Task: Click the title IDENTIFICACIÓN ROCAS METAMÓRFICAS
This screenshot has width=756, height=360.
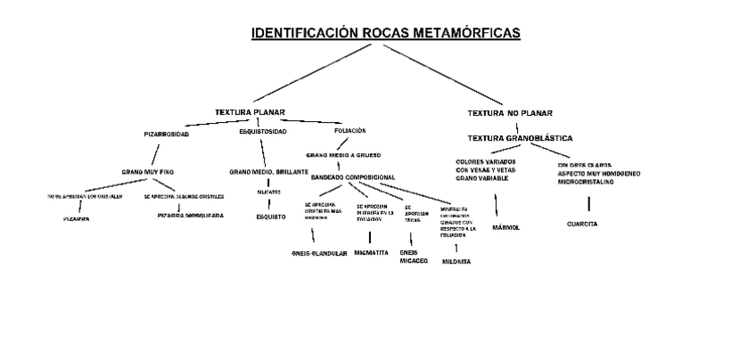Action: click(385, 34)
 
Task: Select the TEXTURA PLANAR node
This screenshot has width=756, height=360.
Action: click(250, 112)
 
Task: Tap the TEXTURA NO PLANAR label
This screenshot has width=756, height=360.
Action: click(510, 113)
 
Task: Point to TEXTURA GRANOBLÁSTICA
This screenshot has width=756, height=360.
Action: click(520, 138)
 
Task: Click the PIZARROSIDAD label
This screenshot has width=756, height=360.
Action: click(167, 133)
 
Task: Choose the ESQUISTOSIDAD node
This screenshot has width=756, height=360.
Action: click(263, 132)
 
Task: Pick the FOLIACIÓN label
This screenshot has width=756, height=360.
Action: click(349, 131)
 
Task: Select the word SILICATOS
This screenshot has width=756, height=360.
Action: click(268, 192)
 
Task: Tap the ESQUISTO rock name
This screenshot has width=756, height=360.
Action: click(271, 217)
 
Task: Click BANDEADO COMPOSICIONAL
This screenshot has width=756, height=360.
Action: click(353, 177)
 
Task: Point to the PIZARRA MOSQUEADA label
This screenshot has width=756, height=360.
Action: click(191, 216)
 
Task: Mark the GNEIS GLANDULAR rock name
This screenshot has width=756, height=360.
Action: click(319, 253)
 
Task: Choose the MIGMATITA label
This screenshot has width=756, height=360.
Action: click(371, 253)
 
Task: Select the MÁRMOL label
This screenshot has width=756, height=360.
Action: click(505, 227)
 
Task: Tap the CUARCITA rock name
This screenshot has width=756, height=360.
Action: click(581, 224)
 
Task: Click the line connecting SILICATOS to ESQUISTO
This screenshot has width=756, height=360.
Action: click(269, 204)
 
